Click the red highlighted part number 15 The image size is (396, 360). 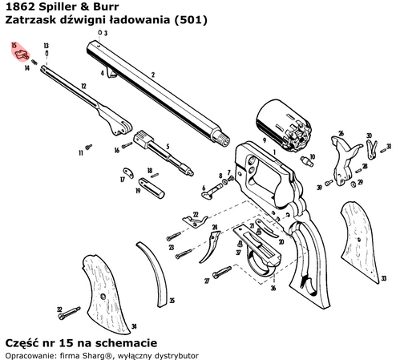21,54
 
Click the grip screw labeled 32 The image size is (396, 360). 71,309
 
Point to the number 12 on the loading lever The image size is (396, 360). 83,84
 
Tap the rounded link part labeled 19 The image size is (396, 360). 147,188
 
